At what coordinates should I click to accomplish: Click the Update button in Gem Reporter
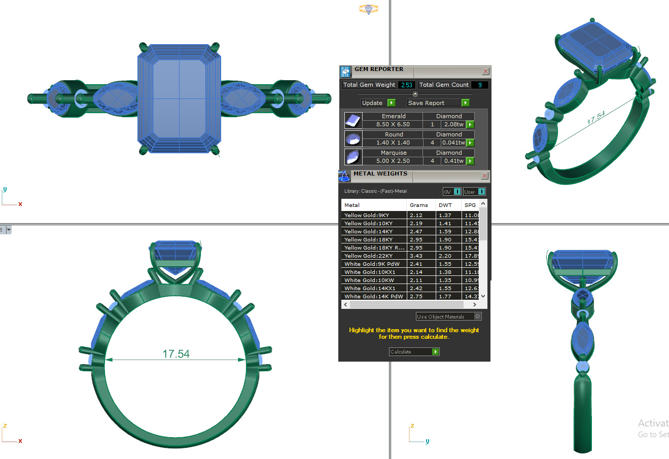tap(378, 103)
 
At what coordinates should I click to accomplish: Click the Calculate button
tap(414, 351)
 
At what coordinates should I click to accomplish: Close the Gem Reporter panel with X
tap(485, 72)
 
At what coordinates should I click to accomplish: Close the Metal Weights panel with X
tap(484, 176)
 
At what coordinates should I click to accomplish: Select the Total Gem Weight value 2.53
tap(406, 85)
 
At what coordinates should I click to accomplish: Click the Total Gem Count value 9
tap(480, 85)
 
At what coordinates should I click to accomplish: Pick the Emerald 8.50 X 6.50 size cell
tap(393, 124)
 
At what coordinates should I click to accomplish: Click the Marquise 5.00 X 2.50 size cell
tap(393, 161)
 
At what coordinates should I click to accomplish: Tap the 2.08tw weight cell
tap(453, 124)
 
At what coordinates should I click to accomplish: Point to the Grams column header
tap(419, 205)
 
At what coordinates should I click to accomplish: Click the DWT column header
tap(445, 205)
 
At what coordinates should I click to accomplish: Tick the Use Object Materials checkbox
tap(477, 316)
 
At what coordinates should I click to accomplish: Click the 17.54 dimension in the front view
tap(176, 354)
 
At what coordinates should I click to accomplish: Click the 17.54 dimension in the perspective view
tap(596, 118)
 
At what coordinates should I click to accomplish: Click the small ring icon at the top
tap(369, 9)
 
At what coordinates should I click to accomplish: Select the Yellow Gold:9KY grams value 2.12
tap(416, 215)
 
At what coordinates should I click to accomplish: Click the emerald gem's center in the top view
tap(180, 98)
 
